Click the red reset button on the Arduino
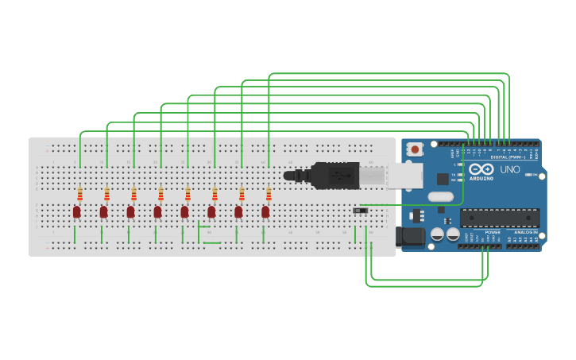pyautogui.click(x=415, y=149)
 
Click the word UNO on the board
pyautogui.click(x=509, y=169)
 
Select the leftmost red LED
pyautogui.click(x=76, y=211)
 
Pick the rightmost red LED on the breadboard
pyautogui.click(x=265, y=211)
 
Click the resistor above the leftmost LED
pyautogui.click(x=79, y=195)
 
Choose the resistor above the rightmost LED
pyautogui.click(x=269, y=195)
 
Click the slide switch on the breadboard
pyautogui.click(x=360, y=210)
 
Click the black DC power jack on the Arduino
pyautogui.click(x=410, y=236)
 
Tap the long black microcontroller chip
pyautogui.click(x=499, y=218)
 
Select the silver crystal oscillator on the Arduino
pyautogui.click(x=439, y=196)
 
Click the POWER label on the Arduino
pyautogui.click(x=493, y=232)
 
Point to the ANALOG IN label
pyautogui.click(x=525, y=232)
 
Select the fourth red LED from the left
pyautogui.click(x=157, y=211)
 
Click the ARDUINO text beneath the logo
pyautogui.click(x=482, y=178)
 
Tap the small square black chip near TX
pyautogui.click(x=443, y=180)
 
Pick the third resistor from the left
pyautogui.click(x=133, y=195)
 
